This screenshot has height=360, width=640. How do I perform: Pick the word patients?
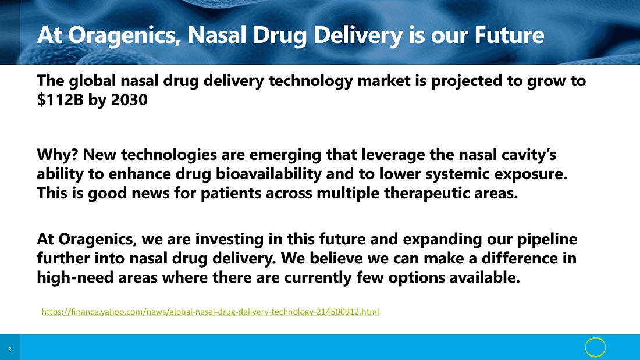tap(230, 193)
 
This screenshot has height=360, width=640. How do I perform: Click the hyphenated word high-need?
tap(75, 277)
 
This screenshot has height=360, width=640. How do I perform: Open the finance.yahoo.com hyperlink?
tap(210, 312)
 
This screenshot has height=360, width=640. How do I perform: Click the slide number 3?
tap(10, 350)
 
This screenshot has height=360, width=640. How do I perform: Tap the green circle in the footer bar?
tap(596, 338)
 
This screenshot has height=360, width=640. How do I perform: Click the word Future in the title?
tap(509, 35)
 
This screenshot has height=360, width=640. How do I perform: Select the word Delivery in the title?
tap(358, 35)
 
